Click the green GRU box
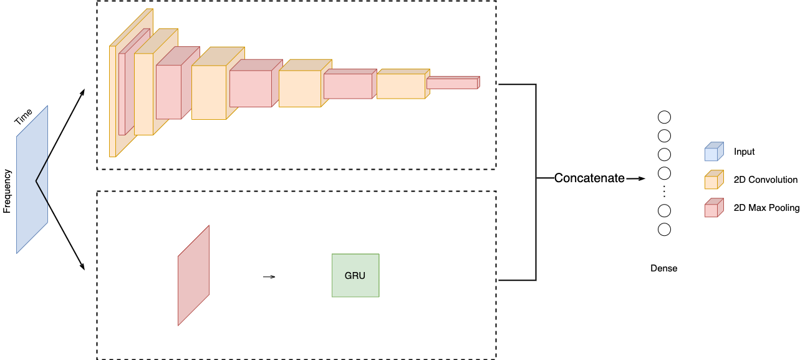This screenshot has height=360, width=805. pyautogui.click(x=355, y=275)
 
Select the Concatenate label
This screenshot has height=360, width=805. pyautogui.click(x=589, y=178)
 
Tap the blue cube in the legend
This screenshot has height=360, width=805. pyautogui.click(x=713, y=152)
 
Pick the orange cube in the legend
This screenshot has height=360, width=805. pyautogui.click(x=713, y=180)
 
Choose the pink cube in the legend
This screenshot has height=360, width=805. pyautogui.click(x=713, y=208)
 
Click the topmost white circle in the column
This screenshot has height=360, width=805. pyautogui.click(x=664, y=117)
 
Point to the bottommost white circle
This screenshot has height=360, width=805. pyautogui.click(x=664, y=230)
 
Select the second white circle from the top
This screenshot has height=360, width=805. pyautogui.click(x=664, y=136)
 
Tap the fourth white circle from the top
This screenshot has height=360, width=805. pyautogui.click(x=664, y=173)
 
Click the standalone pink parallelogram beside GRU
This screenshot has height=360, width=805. pyautogui.click(x=193, y=276)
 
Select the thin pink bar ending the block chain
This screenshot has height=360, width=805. pyautogui.click(x=452, y=83)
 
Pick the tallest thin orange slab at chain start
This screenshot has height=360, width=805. pyautogui.click(x=113, y=103)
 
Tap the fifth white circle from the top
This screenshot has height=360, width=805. pyautogui.click(x=664, y=211)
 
